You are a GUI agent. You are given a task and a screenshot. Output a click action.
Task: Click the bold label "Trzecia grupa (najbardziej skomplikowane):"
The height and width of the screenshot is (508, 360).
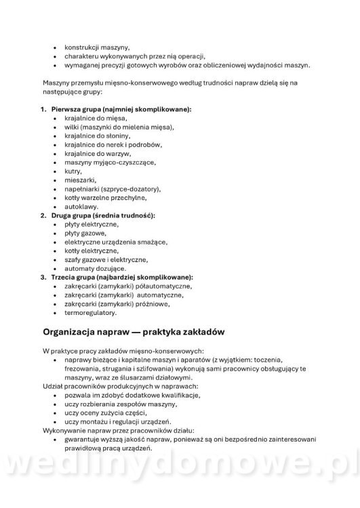(x=122, y=277)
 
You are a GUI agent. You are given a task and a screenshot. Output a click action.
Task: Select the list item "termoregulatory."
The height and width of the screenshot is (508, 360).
(x=90, y=312)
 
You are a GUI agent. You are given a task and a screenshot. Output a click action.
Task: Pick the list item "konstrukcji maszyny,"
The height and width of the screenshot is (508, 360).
(x=97, y=47)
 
